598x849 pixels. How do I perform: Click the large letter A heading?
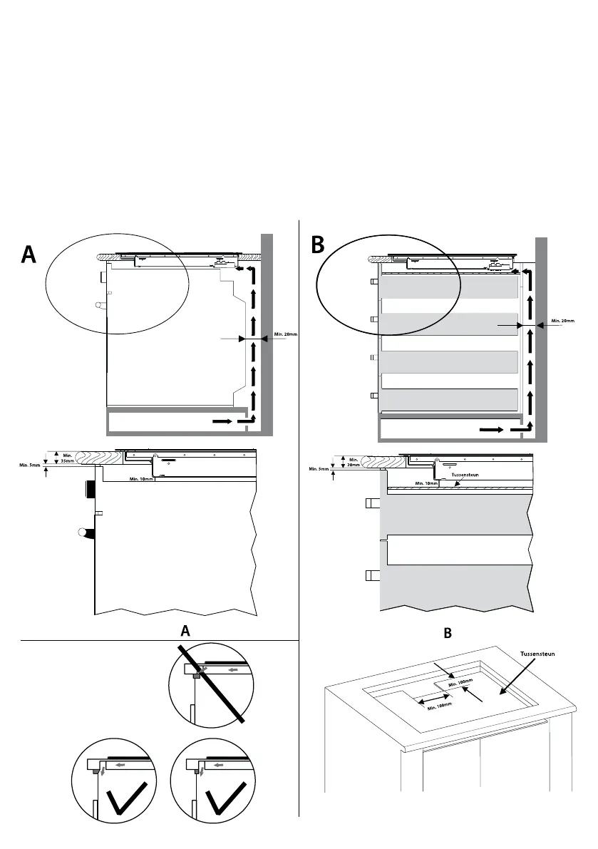click(29, 255)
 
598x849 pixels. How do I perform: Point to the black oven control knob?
click(91, 490)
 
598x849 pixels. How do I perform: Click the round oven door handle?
click(84, 532)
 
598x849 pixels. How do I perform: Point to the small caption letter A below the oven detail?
click(185, 631)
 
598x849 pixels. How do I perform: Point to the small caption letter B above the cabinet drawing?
click(447, 632)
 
